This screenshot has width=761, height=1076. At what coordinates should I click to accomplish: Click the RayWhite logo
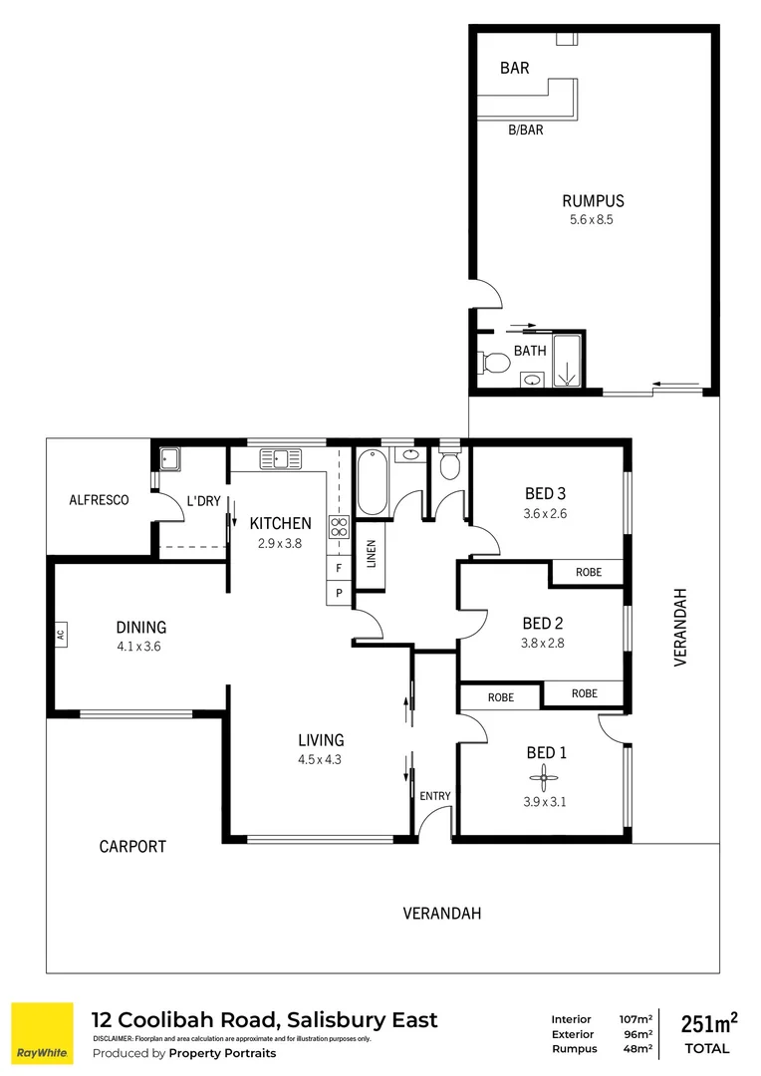pyautogui.click(x=42, y=1034)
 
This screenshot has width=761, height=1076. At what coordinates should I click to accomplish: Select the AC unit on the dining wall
pyautogui.click(x=60, y=634)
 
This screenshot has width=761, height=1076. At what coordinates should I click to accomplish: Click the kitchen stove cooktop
pyautogui.click(x=339, y=527)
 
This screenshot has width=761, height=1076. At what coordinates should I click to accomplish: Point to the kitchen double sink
pyautogui.click(x=281, y=458)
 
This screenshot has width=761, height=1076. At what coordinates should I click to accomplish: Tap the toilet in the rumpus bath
pyautogui.click(x=491, y=363)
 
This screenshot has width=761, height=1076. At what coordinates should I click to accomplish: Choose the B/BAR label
pyautogui.click(x=525, y=130)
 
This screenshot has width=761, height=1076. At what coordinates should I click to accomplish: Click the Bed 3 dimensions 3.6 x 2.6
pyautogui.click(x=545, y=514)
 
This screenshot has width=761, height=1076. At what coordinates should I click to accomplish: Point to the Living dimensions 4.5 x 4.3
pyautogui.click(x=321, y=759)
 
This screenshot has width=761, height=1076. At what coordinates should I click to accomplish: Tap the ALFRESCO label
pyautogui.click(x=99, y=500)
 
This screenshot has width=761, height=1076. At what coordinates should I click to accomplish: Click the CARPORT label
pyautogui.click(x=132, y=847)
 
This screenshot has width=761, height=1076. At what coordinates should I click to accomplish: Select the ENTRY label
pyautogui.click(x=434, y=795)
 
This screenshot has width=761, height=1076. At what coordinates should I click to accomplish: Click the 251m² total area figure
pyautogui.click(x=708, y=1023)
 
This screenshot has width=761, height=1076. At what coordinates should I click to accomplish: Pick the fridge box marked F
pyautogui.click(x=339, y=569)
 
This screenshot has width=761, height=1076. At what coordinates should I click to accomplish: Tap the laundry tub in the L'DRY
pyautogui.click(x=169, y=458)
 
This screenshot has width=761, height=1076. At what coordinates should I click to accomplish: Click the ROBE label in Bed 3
pyautogui.click(x=587, y=573)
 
